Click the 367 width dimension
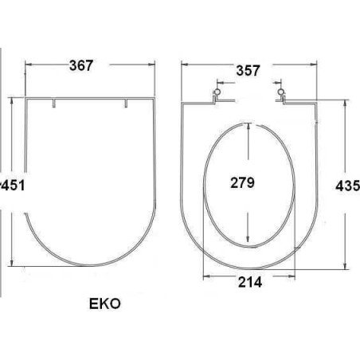(81, 65)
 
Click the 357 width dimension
(248, 71)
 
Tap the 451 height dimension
(13, 185)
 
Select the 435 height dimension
(347, 186)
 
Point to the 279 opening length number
(242, 182)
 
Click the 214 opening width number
(250, 282)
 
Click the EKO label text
(105, 303)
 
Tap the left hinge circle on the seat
(217, 92)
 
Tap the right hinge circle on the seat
(280, 92)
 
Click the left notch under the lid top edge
(54, 104)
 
